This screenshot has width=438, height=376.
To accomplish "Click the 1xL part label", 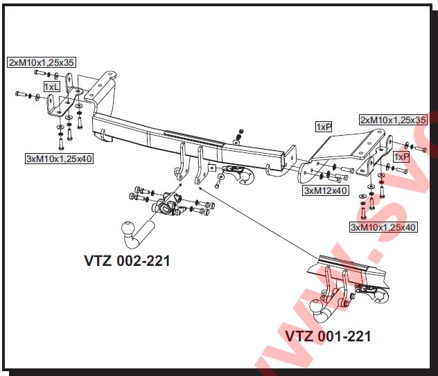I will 52,87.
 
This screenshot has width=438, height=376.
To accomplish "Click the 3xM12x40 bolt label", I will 326,190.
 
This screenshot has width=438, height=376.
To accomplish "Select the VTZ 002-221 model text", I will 127,261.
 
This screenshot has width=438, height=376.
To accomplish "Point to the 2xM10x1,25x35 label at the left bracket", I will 42,62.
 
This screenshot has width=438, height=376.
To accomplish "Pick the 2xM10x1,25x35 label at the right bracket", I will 393,120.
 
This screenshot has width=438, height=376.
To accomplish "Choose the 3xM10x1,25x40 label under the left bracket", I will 60,159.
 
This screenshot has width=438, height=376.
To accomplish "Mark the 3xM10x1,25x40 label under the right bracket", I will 383,227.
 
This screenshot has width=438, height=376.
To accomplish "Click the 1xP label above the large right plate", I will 324,127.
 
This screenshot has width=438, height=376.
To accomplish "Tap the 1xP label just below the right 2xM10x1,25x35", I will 401,157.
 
